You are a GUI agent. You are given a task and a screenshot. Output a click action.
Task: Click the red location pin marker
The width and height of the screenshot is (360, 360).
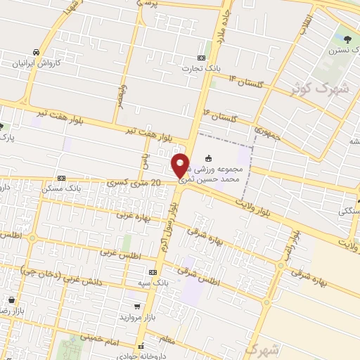pos(181,165)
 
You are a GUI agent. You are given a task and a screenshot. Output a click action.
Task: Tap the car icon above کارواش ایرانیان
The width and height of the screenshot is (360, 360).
pos(35,52)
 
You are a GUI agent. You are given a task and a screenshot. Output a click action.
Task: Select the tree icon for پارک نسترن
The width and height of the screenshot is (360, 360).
pos(348,34)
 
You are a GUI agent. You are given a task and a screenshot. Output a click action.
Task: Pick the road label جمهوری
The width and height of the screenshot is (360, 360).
pos(268,132)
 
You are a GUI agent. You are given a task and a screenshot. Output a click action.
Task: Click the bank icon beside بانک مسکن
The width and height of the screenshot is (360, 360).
pos(61,178)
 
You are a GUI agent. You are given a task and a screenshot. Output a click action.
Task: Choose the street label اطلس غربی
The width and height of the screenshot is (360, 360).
pos(117,250)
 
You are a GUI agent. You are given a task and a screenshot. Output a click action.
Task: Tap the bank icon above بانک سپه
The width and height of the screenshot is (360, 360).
pos(152,271)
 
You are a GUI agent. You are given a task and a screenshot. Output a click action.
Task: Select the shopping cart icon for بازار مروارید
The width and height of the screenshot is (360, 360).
pos(138,307)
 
